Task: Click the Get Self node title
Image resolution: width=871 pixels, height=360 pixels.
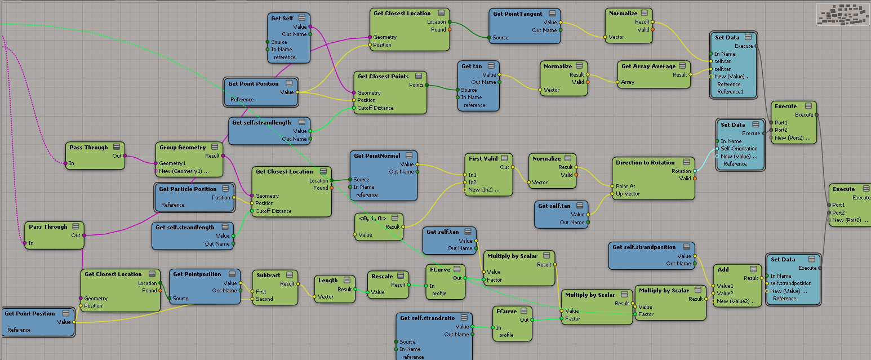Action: (x=282, y=18)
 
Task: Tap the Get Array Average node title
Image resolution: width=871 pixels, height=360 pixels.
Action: (x=648, y=66)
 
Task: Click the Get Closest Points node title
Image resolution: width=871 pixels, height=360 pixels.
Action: (x=383, y=76)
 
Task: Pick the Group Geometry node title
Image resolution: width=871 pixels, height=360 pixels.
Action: (x=183, y=147)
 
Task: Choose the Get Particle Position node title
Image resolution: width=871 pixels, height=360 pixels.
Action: (x=188, y=189)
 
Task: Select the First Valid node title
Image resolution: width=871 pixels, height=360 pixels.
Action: (x=483, y=158)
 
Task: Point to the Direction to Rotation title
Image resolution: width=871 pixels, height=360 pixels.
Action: (x=645, y=162)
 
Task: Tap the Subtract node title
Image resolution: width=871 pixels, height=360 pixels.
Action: (x=268, y=275)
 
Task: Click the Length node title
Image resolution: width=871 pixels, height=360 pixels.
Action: (x=328, y=280)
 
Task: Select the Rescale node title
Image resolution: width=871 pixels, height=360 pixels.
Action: (x=382, y=276)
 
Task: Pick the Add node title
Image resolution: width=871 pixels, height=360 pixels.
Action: (x=723, y=269)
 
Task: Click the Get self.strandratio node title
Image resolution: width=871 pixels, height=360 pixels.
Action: (x=428, y=318)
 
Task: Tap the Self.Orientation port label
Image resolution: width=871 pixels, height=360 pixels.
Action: (x=739, y=149)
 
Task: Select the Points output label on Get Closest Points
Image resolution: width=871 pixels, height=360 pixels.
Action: (x=416, y=85)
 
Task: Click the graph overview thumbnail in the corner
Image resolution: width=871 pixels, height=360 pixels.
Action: (x=842, y=14)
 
